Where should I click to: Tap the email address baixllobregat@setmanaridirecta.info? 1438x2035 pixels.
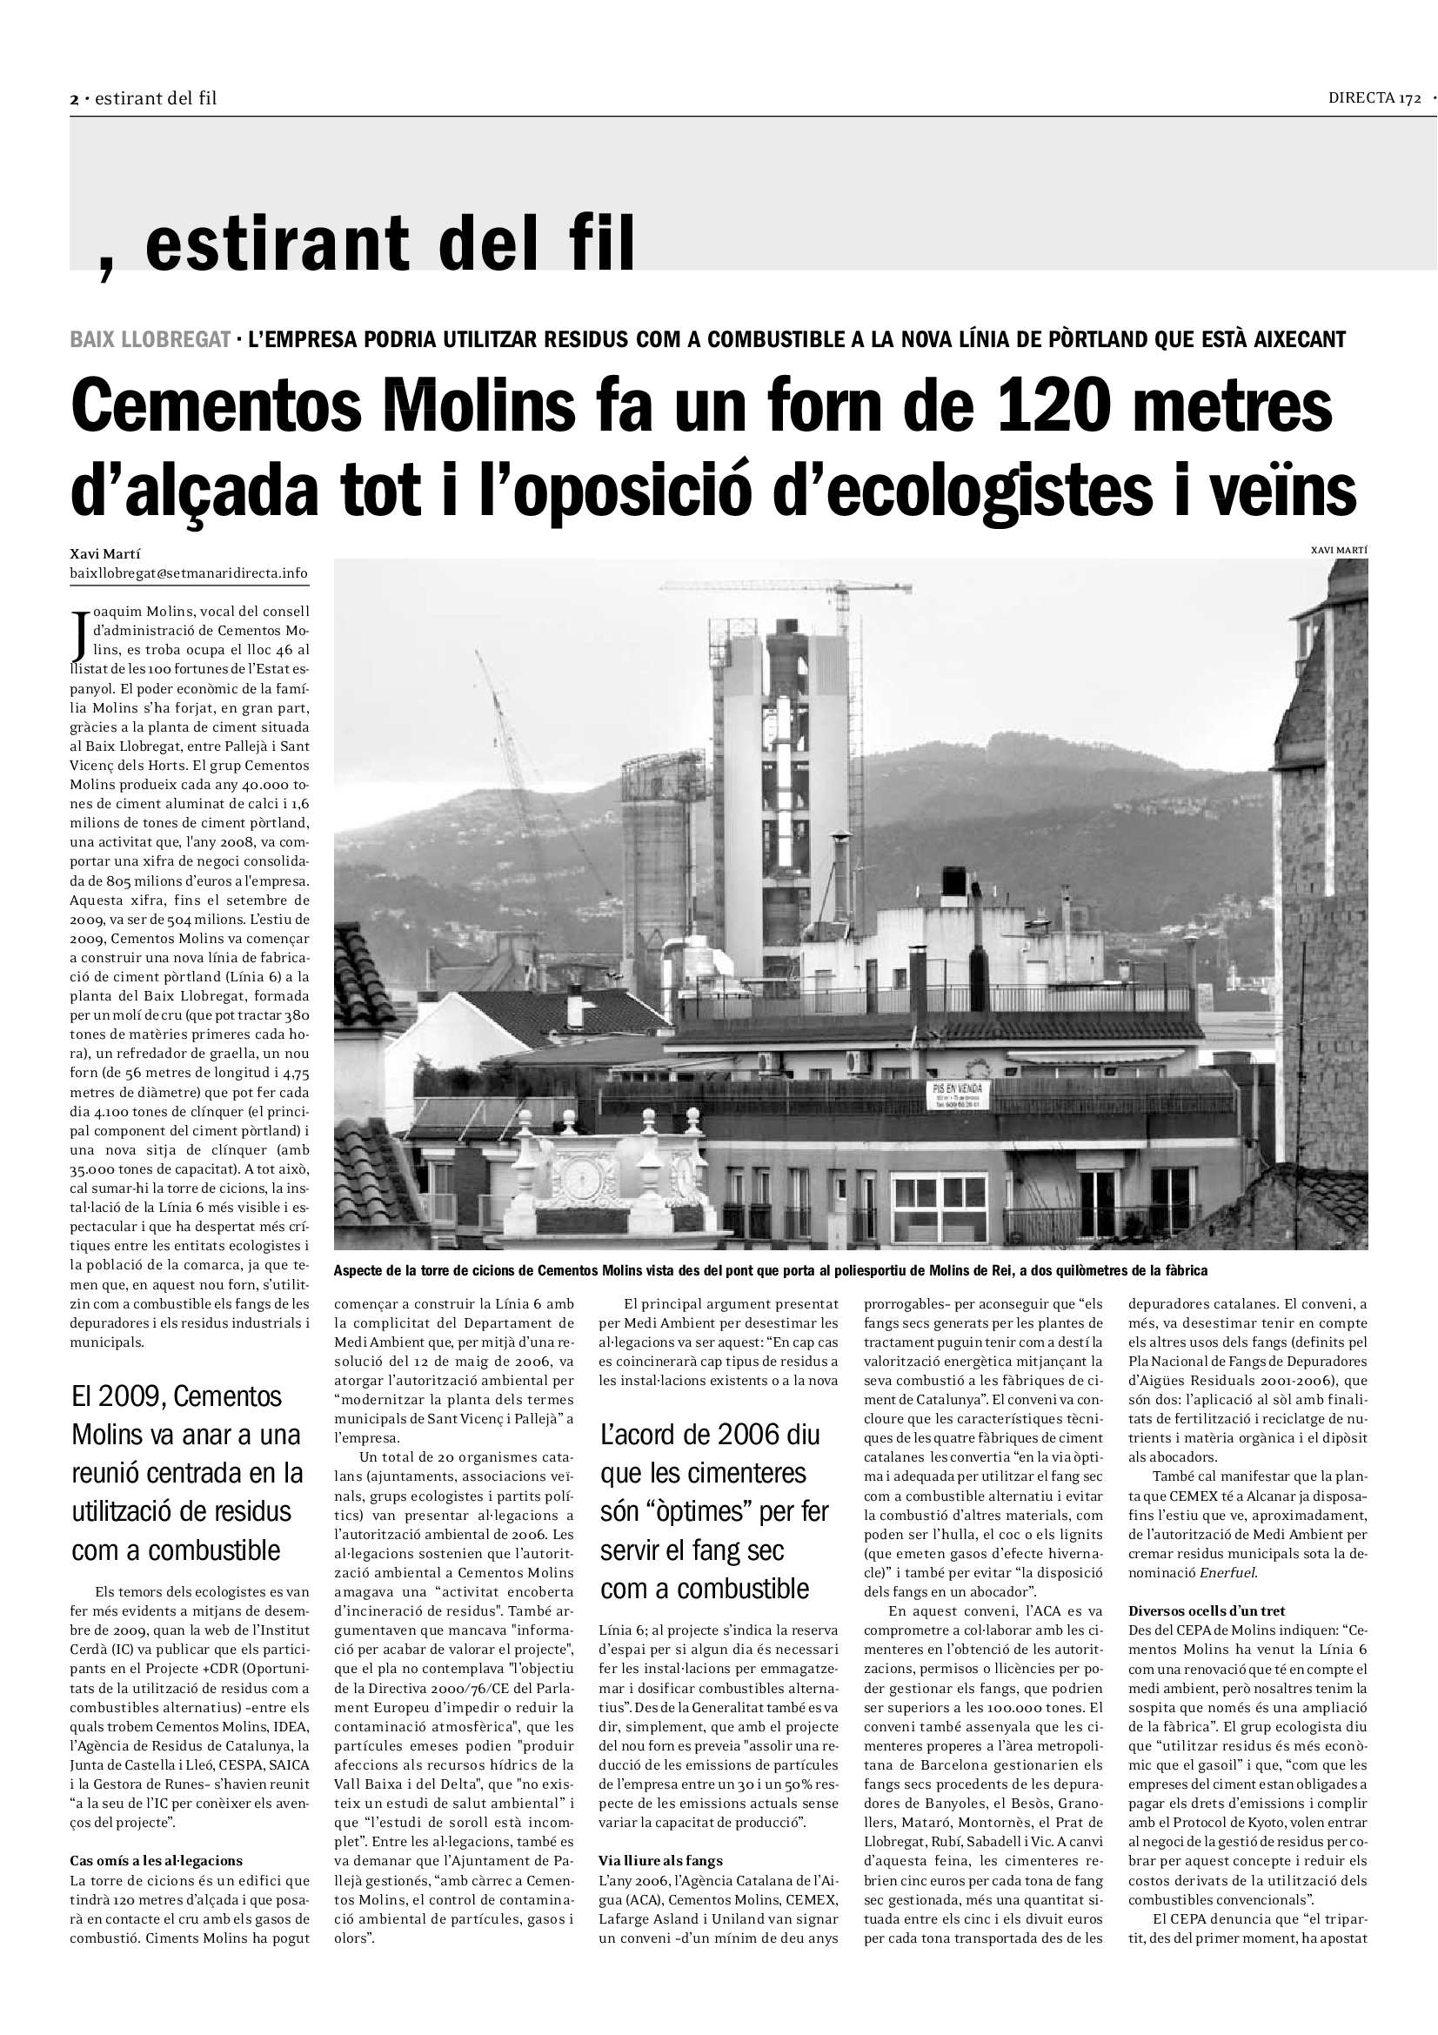click(x=189, y=573)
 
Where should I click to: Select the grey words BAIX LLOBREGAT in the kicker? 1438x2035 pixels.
click(x=150, y=339)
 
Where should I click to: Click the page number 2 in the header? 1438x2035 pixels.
click(x=75, y=99)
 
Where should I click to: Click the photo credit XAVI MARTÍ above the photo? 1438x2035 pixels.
click(x=1339, y=551)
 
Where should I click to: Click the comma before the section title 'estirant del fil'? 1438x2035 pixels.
click(x=107, y=264)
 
